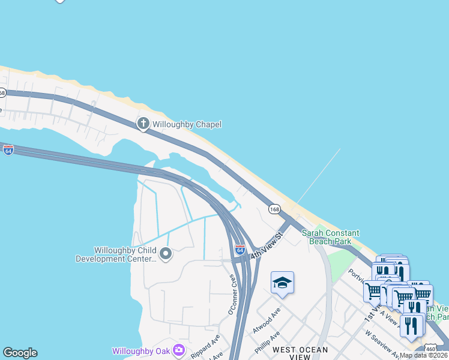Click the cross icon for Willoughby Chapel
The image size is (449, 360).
143,124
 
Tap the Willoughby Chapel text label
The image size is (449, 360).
187,124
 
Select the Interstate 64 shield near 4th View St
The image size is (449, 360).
240,249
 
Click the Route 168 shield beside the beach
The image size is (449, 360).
274,209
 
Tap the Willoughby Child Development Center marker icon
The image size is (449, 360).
166,254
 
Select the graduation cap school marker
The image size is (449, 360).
282,283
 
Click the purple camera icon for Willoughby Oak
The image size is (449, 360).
178,350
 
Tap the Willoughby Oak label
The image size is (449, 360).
141,350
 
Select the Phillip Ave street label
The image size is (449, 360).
267,341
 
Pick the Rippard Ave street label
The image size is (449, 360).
202,347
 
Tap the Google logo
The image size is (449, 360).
20,353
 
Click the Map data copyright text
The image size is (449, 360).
423,355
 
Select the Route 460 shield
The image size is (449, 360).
430,349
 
